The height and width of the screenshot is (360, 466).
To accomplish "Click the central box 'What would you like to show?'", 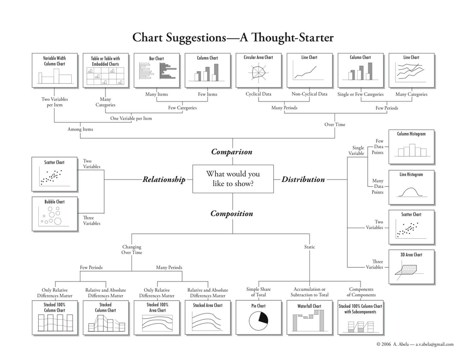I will tap(233, 179).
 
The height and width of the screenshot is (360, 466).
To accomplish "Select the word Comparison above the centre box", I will tap(232, 152).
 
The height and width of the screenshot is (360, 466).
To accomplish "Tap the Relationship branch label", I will tap(164, 180).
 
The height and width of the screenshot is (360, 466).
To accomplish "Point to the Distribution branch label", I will tap(303, 180).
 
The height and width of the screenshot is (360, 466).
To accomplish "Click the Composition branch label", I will tap(232, 214).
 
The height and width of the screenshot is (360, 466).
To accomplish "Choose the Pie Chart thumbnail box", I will tap(259, 318).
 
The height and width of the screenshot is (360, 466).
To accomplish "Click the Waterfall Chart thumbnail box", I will tap(310, 318).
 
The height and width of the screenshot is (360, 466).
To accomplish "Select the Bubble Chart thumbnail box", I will tap(54, 214).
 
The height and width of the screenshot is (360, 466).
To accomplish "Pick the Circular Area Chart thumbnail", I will tap(259, 71).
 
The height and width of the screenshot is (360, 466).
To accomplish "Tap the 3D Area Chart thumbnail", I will tap(411, 267).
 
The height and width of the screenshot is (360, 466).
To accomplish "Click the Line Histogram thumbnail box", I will tap(411, 187).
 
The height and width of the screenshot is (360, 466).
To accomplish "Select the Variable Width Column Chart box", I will tap(54, 71).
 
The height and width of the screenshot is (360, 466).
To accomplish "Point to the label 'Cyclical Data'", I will tap(259, 94).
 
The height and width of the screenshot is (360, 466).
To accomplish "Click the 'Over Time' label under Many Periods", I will tap(335, 125).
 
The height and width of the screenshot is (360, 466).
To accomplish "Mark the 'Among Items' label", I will tap(80, 129).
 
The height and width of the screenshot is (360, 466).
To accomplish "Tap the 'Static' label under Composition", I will tap(310, 247).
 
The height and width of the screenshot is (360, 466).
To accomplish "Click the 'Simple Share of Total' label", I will tap(259, 292).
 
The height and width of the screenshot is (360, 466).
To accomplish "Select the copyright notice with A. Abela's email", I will tap(414, 344).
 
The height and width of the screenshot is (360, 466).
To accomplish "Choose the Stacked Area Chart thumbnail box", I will tap(207, 318).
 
